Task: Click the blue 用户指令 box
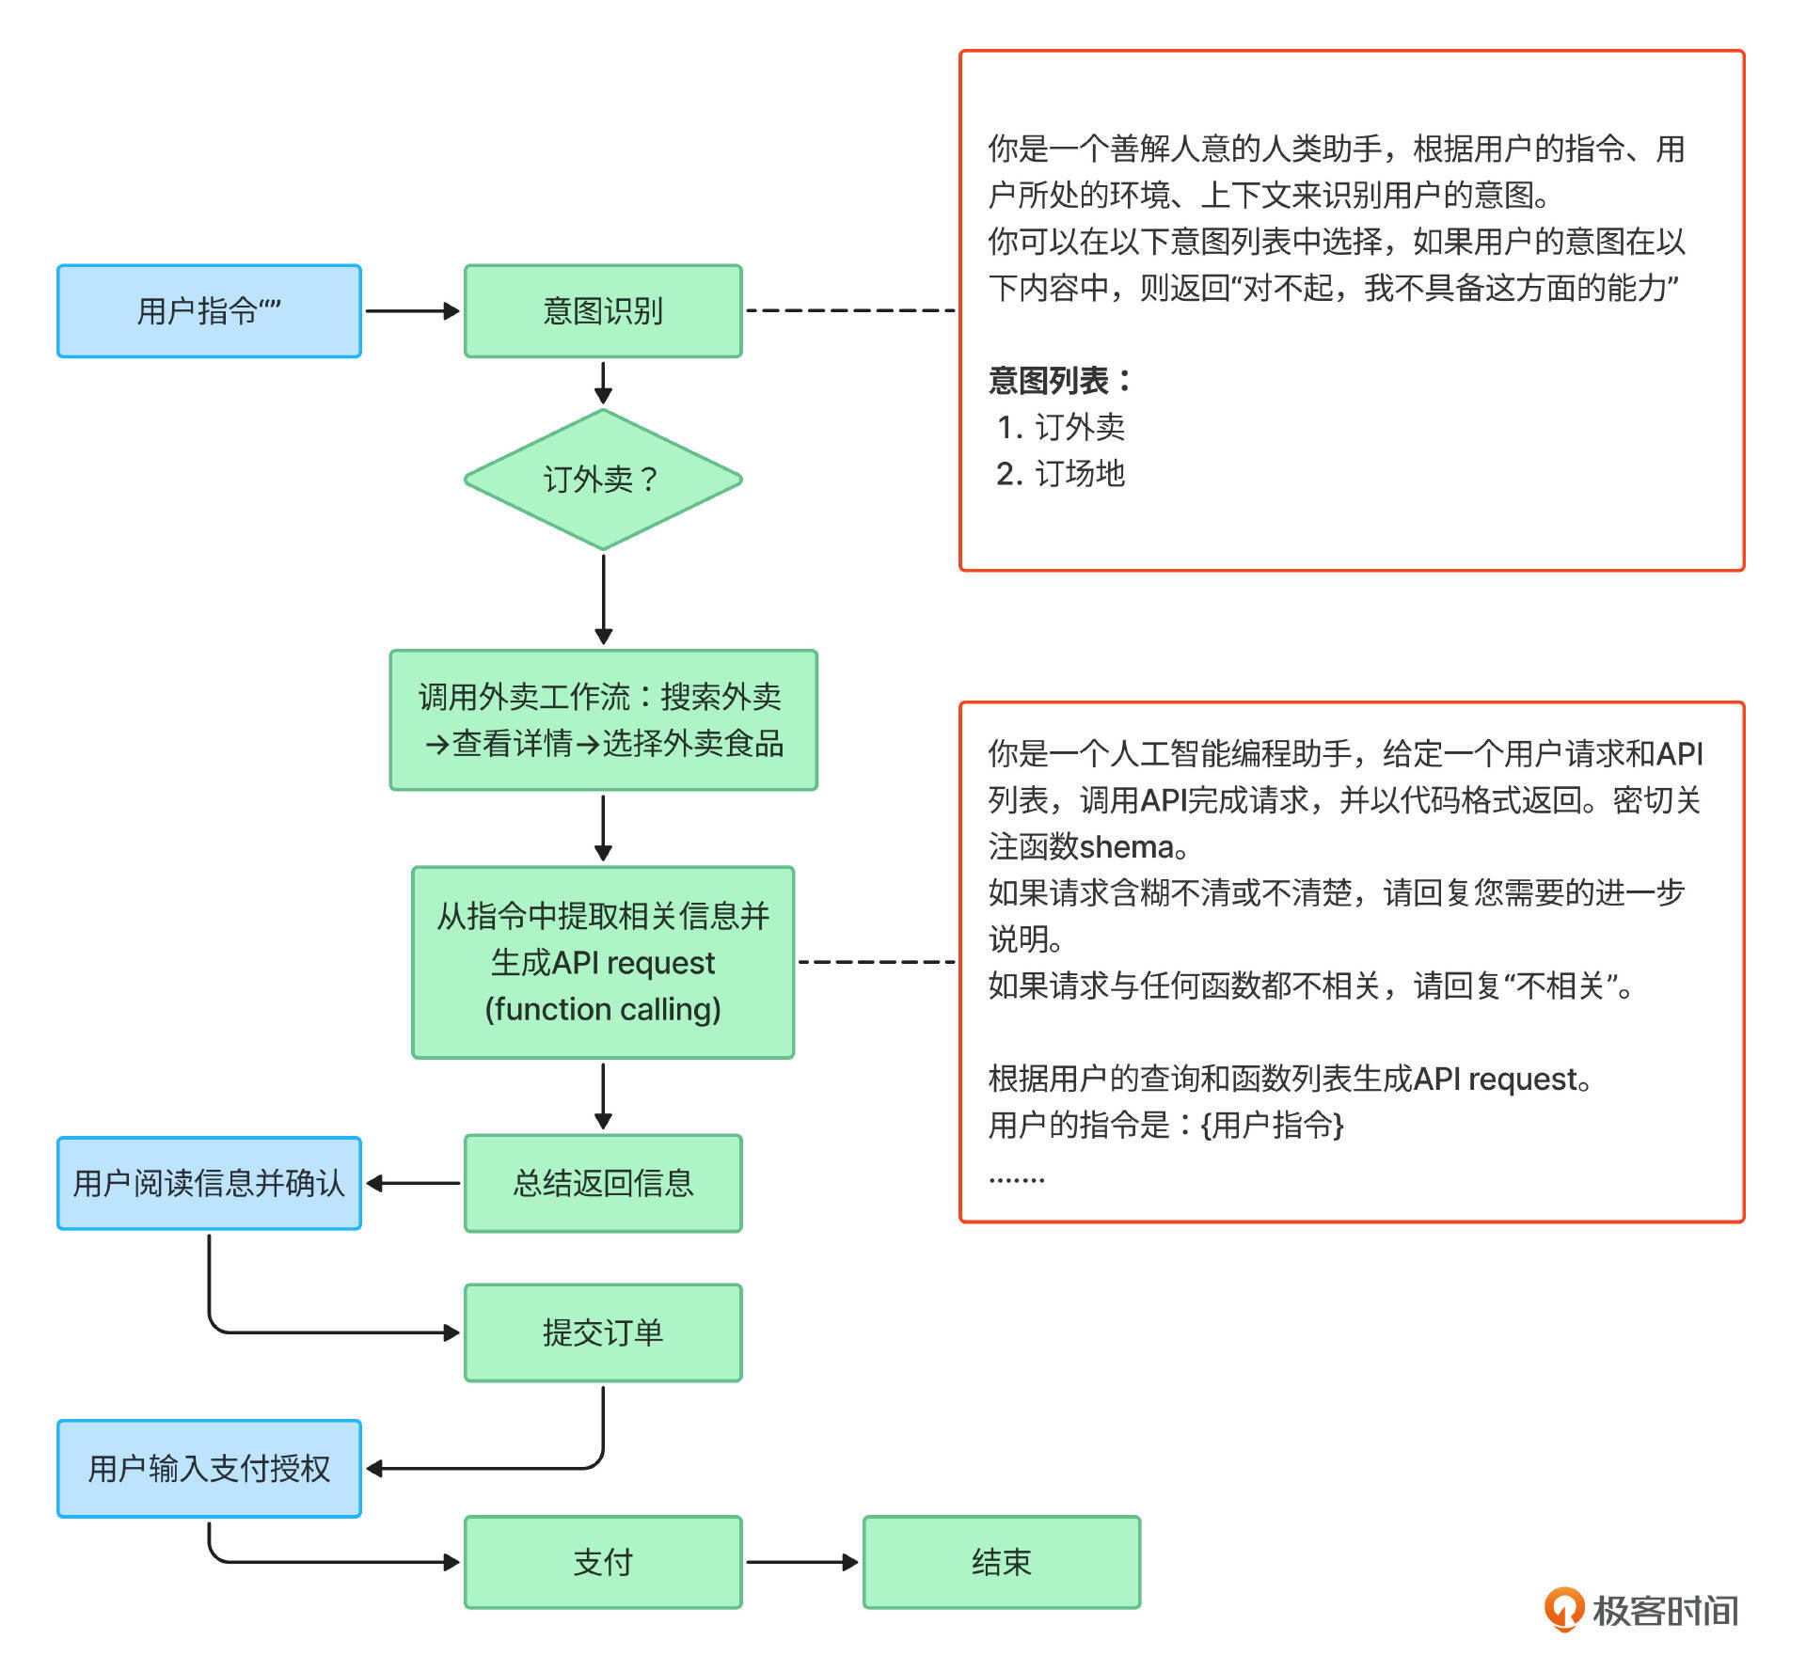(209, 311)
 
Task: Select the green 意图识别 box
(603, 311)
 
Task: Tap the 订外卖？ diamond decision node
(603, 480)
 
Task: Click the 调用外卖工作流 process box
(603, 720)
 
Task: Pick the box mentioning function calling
(603, 962)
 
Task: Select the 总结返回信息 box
(603, 1183)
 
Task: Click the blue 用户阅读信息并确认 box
(209, 1183)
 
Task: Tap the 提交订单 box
(603, 1332)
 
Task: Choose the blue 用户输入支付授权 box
(209, 1468)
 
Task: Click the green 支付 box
(603, 1562)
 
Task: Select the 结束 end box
(1001, 1562)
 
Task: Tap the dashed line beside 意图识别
(849, 310)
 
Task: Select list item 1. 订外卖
(1061, 427)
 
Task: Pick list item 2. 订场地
(1061, 473)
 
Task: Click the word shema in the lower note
(1126, 846)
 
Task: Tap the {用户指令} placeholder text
(1272, 1125)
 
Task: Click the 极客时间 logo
(1641, 1610)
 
